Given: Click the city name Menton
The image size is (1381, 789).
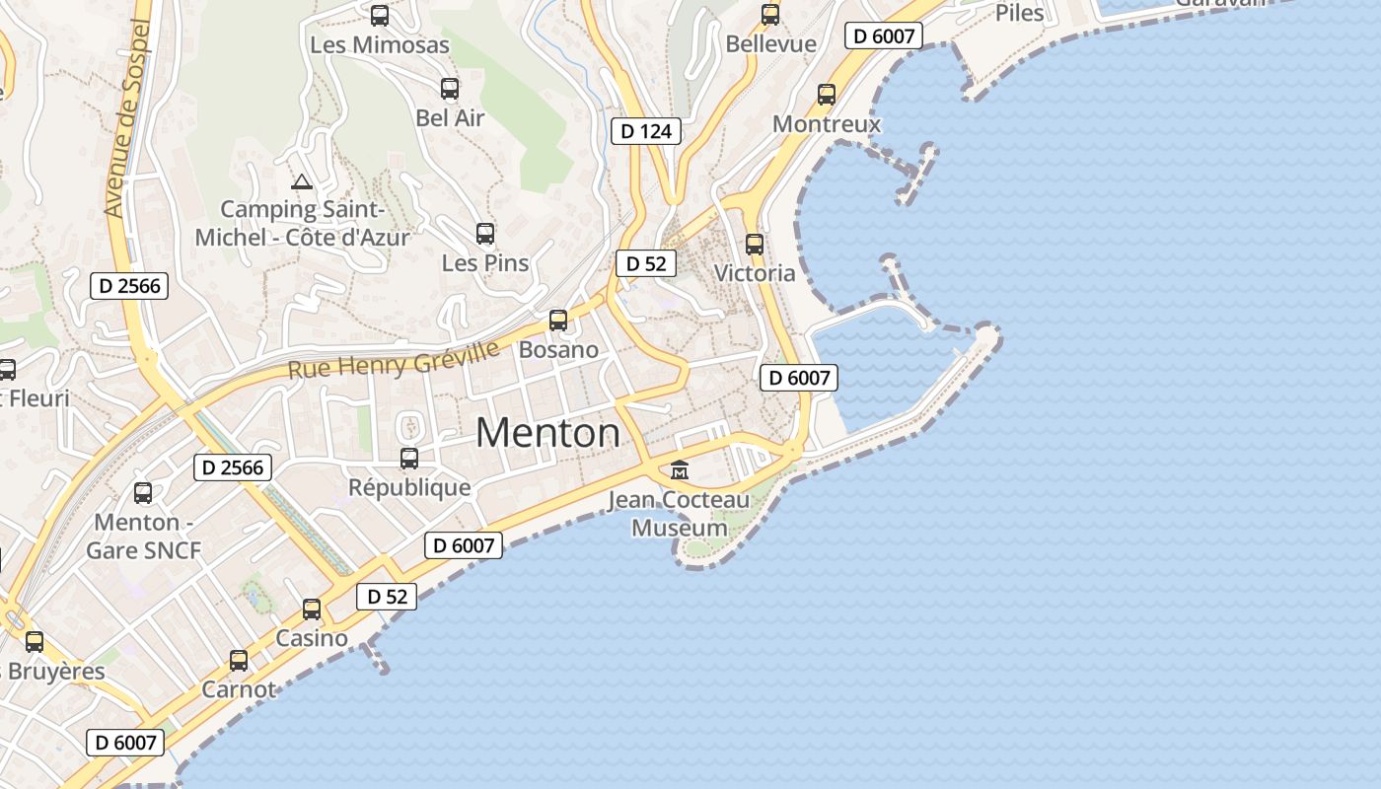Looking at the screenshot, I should tap(548, 433).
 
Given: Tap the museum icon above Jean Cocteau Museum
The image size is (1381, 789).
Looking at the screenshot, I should tap(680, 470).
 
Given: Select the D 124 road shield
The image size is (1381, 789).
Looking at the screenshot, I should tap(646, 131).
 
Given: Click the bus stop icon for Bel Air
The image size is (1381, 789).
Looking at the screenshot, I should tap(450, 89).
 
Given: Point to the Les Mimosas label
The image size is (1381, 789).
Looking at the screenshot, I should tap(380, 44).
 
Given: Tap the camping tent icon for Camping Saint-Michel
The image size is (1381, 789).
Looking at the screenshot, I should tap(302, 181).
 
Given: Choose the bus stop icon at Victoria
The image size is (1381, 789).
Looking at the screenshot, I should tap(755, 244).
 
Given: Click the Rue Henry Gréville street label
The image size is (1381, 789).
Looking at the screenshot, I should tap(394, 359).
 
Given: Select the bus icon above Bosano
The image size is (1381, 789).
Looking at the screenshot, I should tap(558, 320).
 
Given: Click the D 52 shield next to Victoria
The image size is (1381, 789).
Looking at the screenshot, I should tap(646, 263).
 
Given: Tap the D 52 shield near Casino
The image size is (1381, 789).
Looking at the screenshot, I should tap(387, 597).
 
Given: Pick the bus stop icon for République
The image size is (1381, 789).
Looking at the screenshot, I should tap(409, 459).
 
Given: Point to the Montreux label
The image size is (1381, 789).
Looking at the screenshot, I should tap(827, 124).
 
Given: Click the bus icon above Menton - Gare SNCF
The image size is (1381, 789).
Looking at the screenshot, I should tap(143, 492).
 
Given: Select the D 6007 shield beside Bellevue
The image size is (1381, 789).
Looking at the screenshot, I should tap(884, 36).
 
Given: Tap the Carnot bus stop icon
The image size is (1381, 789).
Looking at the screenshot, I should tap(239, 660).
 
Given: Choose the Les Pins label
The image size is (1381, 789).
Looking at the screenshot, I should tap(485, 263).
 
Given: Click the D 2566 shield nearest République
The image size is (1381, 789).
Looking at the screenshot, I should tap(233, 467).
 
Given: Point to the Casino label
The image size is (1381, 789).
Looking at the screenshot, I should tap(312, 638).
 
